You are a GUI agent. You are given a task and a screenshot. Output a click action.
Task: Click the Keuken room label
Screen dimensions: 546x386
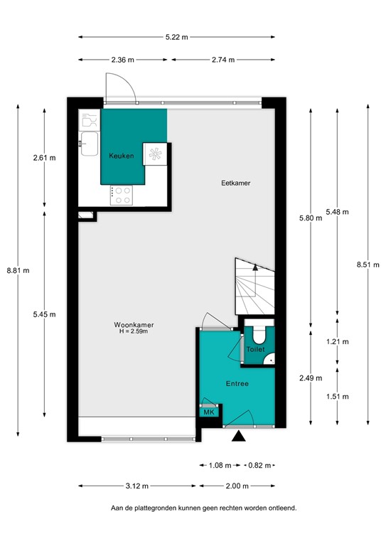coord(121,155)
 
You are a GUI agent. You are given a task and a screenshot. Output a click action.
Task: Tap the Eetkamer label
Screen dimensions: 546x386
coord(236,183)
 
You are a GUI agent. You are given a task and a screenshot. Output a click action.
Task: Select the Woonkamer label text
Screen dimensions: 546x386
coord(134,326)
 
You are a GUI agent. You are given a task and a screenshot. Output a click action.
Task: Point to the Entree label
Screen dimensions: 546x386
coord(237,384)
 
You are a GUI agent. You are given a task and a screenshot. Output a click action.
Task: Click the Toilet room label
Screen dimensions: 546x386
coord(255,350)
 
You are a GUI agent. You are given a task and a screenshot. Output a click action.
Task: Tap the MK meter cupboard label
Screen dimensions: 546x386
coord(209,412)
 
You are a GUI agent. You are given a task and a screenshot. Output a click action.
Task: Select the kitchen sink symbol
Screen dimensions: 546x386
coord(90,144)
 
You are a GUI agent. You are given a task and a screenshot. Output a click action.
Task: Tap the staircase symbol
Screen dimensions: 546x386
coord(254,286)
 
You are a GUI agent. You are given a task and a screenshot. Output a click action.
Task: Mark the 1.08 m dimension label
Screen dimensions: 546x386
coord(220,466)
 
